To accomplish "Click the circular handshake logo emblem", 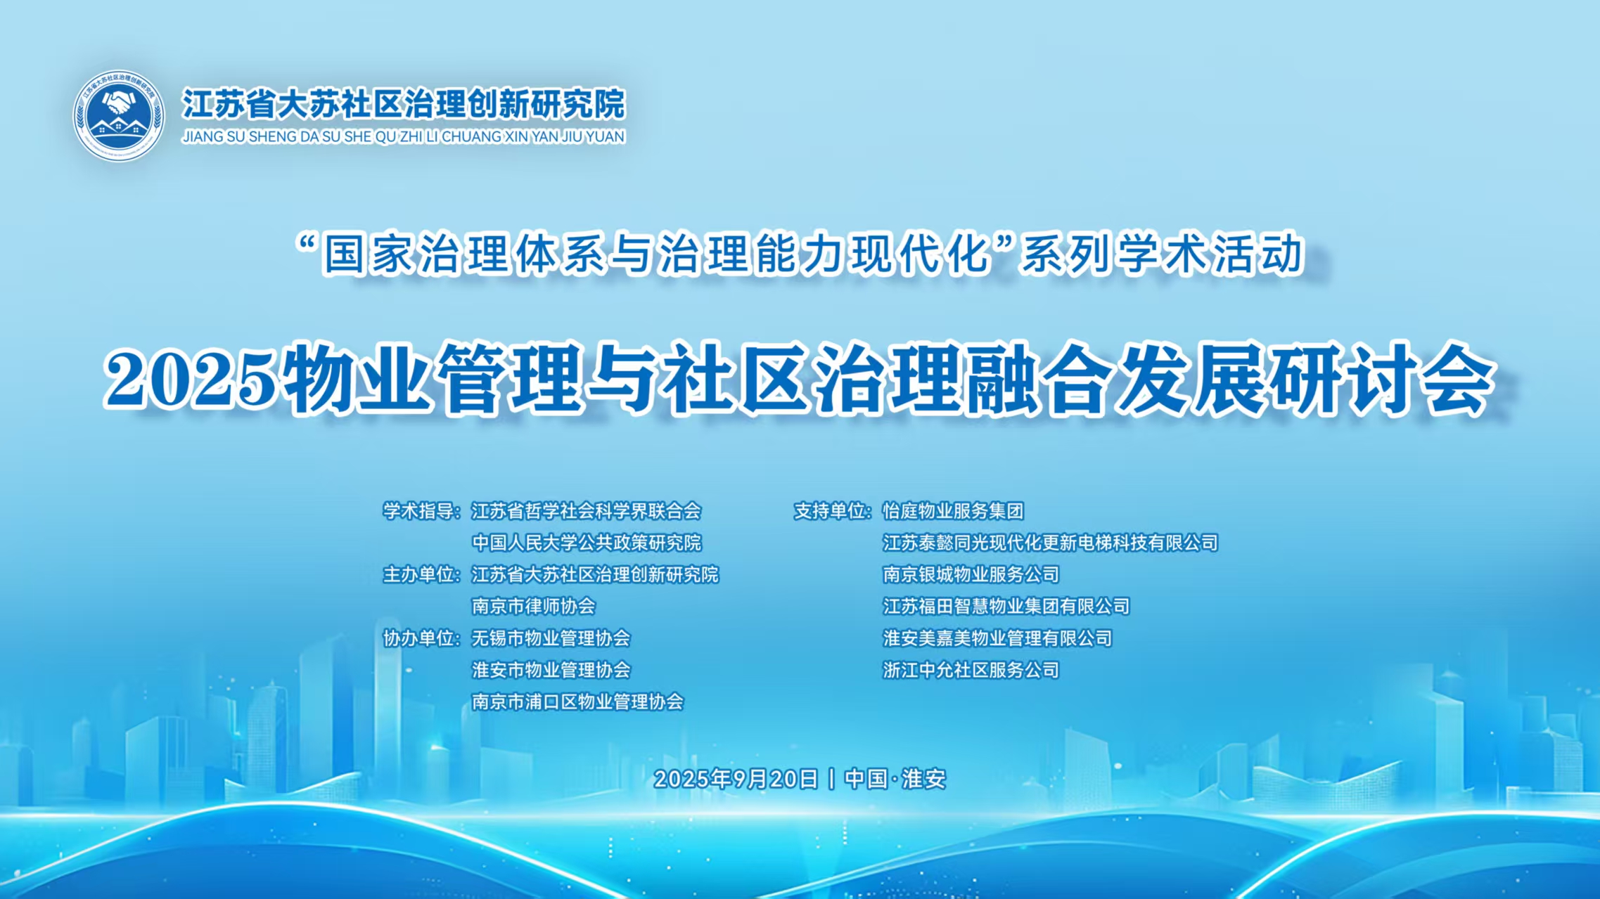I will (x=119, y=115).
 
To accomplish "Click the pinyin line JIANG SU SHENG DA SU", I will (x=403, y=136).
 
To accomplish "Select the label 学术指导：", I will (x=421, y=511).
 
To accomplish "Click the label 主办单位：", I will (x=421, y=574).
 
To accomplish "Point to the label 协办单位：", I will (x=421, y=638).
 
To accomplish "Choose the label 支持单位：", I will (x=833, y=511).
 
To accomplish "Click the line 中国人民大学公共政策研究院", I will (x=587, y=543).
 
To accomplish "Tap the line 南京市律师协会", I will (x=534, y=606).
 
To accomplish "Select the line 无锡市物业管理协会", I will (x=551, y=638).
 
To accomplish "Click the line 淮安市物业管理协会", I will (x=551, y=670).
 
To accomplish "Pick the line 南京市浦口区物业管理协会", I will (x=577, y=701).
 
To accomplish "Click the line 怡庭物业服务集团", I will (x=953, y=511).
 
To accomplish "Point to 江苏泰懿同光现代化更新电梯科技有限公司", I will (x=1050, y=543).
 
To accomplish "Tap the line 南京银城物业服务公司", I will (x=971, y=574).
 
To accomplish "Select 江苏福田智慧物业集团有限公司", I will (x=1006, y=606).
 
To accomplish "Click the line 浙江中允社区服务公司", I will (x=971, y=670).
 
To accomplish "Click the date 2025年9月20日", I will (x=736, y=779).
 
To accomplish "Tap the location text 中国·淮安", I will (x=895, y=779).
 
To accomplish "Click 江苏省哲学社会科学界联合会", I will (x=587, y=511).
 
